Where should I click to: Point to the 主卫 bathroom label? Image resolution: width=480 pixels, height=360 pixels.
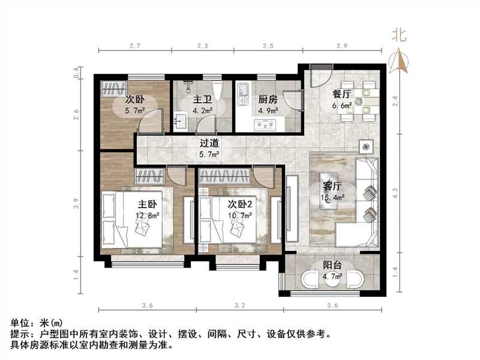tap(201, 100)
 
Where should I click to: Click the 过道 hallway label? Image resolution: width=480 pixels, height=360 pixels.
tap(209, 143)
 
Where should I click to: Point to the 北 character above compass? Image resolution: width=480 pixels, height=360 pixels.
tap(399, 36)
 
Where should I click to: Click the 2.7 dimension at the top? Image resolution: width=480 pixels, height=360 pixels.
tap(134, 46)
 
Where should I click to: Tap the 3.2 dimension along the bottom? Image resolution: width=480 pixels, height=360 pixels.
tap(240, 306)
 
